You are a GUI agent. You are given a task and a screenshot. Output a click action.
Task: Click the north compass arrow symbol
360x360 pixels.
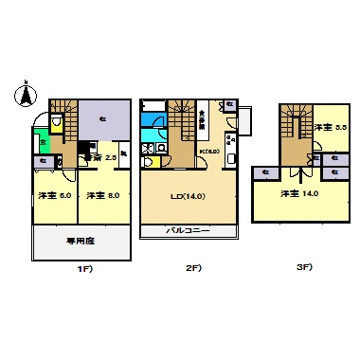pyautogui.click(x=25, y=95)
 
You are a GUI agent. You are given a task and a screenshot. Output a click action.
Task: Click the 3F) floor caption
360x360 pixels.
pyautogui.click(x=303, y=267)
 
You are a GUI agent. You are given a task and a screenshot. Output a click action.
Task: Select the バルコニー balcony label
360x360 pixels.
pyautogui.click(x=187, y=230)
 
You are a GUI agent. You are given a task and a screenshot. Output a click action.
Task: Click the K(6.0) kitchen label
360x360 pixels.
pyautogui.click(x=209, y=148)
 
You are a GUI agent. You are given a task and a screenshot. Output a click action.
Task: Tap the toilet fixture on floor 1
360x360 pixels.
pyautogui.click(x=58, y=124)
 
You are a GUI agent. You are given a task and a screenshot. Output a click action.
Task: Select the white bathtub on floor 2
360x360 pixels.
pyautogui.click(x=153, y=121)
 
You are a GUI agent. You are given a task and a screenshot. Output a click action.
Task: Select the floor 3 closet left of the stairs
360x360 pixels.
pyautogui.click(x=266, y=171)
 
